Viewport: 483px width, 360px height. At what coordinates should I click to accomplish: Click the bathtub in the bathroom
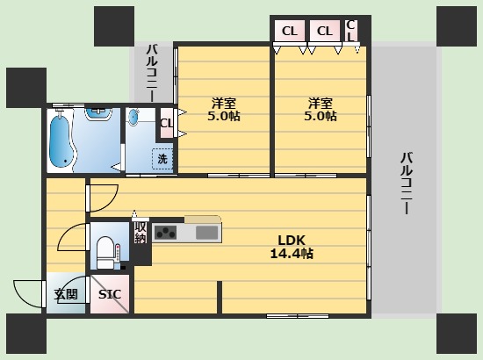pos(62,141)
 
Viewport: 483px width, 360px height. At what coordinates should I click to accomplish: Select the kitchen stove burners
pos(165,232)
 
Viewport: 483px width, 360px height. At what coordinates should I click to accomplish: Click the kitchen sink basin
pos(207,233)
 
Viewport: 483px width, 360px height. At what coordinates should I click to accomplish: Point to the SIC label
pos(110,294)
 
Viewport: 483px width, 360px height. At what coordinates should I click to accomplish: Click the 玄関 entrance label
pos(66,294)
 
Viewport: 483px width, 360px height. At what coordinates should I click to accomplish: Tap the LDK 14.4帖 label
pos(292,247)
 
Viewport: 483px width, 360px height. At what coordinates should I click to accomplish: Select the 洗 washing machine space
pos(162,159)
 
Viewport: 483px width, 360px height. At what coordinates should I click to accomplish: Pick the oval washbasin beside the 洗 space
pos(133,118)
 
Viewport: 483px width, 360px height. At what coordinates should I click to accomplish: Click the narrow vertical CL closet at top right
pos(351,31)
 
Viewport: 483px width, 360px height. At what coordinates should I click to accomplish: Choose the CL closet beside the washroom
pos(166,123)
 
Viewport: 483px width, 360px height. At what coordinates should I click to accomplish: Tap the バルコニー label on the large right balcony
pos(407,183)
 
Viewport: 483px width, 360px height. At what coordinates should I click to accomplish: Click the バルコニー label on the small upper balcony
pos(152,73)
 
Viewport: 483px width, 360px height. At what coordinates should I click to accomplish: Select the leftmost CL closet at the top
pos(289,31)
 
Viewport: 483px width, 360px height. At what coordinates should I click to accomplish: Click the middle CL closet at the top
pos(325,31)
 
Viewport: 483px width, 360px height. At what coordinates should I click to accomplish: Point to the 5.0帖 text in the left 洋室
pos(224,116)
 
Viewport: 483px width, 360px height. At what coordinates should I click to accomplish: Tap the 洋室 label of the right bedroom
pos(321,103)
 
